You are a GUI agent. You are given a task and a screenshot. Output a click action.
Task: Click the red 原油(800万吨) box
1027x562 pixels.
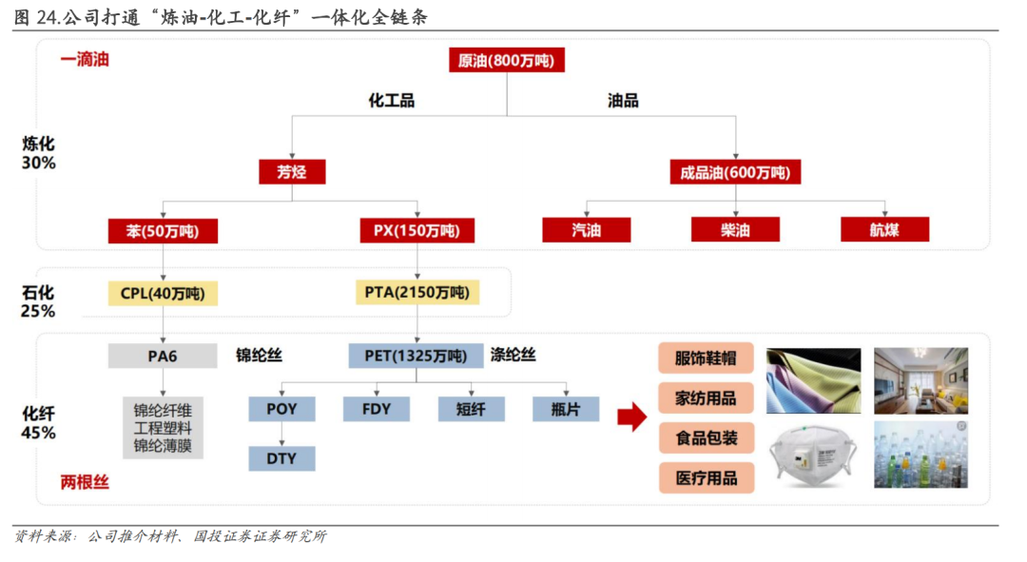(x=506, y=61)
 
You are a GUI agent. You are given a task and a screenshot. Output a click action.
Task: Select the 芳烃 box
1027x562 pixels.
(x=292, y=172)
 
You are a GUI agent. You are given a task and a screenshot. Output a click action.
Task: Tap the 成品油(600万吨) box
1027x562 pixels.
(x=735, y=172)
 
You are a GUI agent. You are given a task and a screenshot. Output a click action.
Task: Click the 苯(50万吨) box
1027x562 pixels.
(x=163, y=230)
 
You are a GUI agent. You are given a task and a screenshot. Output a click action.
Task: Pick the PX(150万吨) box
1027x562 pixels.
(x=417, y=230)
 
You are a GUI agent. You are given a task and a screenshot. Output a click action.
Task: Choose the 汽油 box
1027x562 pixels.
(x=586, y=230)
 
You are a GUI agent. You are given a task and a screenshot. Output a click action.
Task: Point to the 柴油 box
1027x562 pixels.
(x=735, y=230)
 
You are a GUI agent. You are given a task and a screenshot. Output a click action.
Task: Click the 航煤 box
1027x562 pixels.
(x=884, y=230)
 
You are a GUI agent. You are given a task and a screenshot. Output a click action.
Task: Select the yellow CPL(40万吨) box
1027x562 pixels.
(x=163, y=293)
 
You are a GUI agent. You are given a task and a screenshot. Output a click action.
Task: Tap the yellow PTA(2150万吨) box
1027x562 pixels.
(x=417, y=292)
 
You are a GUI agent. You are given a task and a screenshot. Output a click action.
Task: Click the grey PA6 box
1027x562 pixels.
(x=163, y=357)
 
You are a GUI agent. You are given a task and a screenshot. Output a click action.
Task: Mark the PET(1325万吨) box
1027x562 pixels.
(x=417, y=357)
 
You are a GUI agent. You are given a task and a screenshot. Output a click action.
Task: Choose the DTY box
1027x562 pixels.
(x=281, y=458)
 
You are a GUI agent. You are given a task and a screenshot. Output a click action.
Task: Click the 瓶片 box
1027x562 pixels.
(x=566, y=409)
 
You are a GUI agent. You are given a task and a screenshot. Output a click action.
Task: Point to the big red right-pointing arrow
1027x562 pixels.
(x=631, y=417)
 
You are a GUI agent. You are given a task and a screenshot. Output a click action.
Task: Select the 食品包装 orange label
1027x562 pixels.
(x=706, y=437)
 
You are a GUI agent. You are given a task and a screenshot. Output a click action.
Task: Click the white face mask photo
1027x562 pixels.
(x=813, y=455)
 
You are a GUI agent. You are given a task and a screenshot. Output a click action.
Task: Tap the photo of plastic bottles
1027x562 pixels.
(x=920, y=455)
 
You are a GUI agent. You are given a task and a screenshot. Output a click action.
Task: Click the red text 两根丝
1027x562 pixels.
(x=85, y=483)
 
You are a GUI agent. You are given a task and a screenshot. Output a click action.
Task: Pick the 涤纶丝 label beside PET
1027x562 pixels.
(x=513, y=356)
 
